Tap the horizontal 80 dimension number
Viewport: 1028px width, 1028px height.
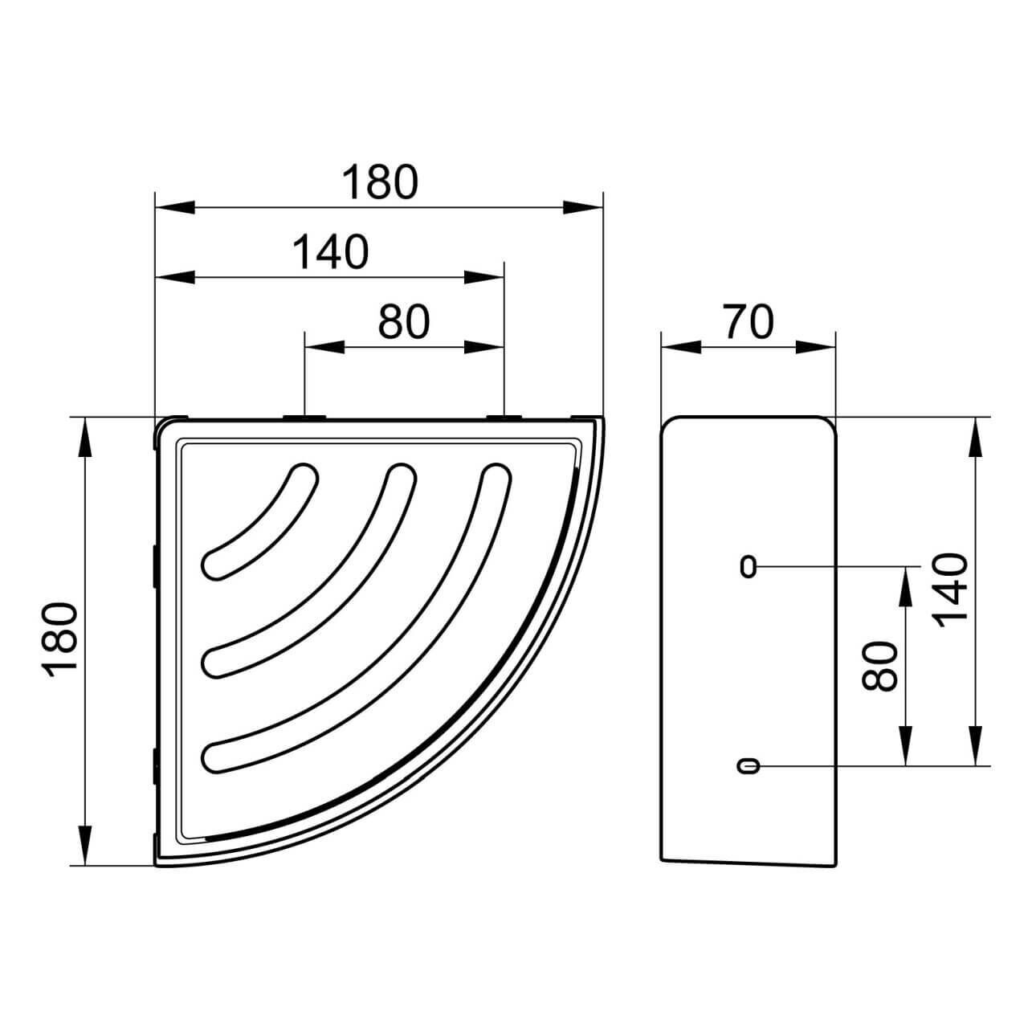pyautogui.click(x=404, y=322)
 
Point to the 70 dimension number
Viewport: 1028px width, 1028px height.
pyautogui.click(x=749, y=322)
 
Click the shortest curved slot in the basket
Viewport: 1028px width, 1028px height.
pyautogui.click(x=259, y=520)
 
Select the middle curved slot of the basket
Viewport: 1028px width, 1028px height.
pyautogui.click(x=309, y=571)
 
